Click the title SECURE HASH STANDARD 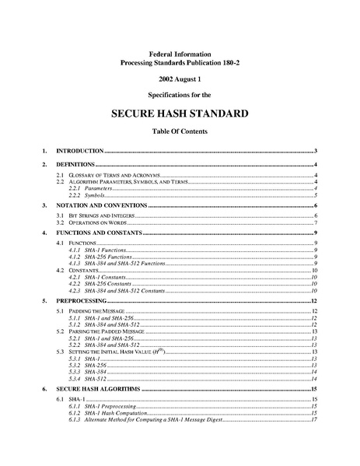180,113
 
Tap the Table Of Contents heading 180,131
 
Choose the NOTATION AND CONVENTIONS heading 107,205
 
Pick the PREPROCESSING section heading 87,300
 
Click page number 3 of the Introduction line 313,150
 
